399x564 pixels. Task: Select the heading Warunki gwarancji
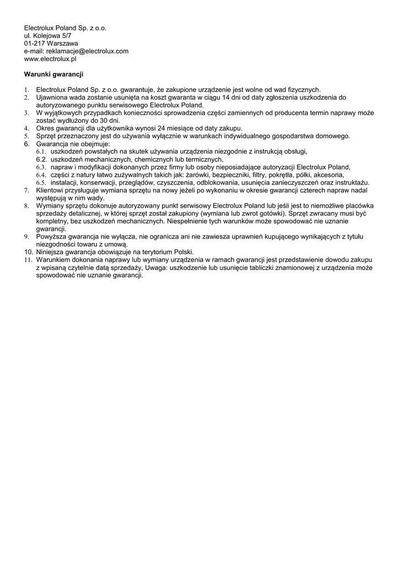pyautogui.click(x=53, y=74)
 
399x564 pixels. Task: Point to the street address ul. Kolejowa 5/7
pyautogui.click(x=47, y=35)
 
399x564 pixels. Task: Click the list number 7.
pyautogui.click(x=26, y=189)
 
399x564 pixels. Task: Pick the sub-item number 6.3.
pyautogui.click(x=41, y=167)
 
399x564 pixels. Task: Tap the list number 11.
pyautogui.click(x=28, y=259)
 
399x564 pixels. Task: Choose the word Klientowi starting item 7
pyautogui.click(x=51, y=189)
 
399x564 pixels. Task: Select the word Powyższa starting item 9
pyautogui.click(x=52, y=236)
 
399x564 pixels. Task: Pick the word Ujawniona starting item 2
pyautogui.click(x=52, y=97)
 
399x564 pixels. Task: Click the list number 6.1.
pyautogui.click(x=41, y=151)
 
